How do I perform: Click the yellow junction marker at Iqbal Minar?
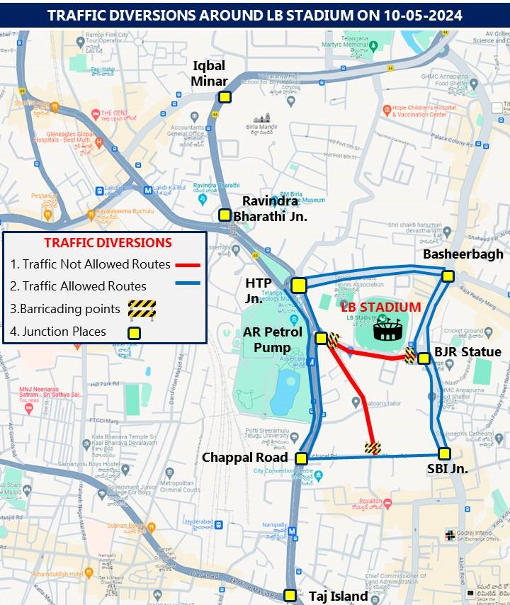[x=224, y=98]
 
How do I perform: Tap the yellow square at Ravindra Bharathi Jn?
[x=224, y=215]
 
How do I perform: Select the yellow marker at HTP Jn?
[x=299, y=285]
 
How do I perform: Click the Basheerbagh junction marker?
[x=448, y=276]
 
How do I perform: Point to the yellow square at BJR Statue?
[x=424, y=358]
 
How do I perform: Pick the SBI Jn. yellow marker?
[x=444, y=453]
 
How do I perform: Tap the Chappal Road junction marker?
[x=301, y=458]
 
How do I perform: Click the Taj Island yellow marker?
[x=289, y=595]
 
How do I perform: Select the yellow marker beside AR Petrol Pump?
[x=321, y=338]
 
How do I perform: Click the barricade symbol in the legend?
[x=141, y=308]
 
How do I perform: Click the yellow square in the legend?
[x=133, y=332]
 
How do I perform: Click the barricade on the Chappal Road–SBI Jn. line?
[x=373, y=447]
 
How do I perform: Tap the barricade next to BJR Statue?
[x=409, y=355]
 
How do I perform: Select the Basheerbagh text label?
[x=463, y=254]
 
